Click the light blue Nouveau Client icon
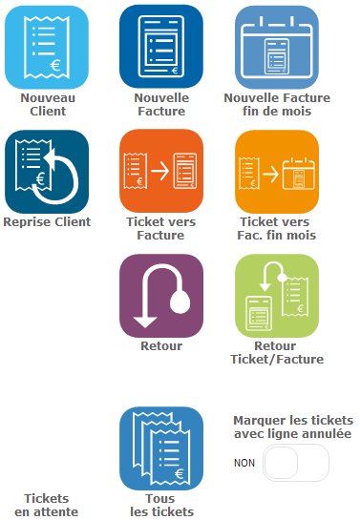[46, 47]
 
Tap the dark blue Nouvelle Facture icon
[161, 47]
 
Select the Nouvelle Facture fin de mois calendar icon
[277, 47]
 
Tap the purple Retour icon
[161, 296]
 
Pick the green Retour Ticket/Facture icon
[277, 296]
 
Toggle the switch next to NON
[296, 463]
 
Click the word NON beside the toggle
[244, 463]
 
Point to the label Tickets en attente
[46, 505]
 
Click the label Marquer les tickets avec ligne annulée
[293, 427]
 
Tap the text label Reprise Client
[46, 222]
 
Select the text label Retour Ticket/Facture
[277, 352]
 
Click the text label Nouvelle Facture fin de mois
[277, 104]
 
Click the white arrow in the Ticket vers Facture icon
[159, 172]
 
